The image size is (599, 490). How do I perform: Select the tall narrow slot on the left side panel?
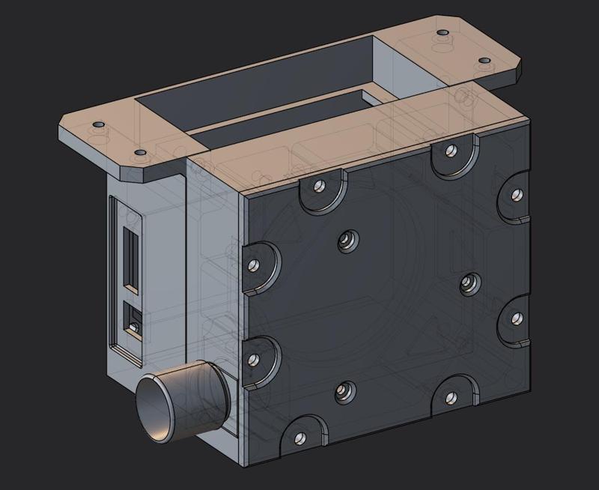point(130,259)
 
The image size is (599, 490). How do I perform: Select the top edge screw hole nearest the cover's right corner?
point(450,151)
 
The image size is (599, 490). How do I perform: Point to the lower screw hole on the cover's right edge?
point(516,318)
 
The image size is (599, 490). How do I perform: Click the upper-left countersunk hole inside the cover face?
point(345,239)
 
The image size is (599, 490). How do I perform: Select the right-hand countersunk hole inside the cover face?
point(468,282)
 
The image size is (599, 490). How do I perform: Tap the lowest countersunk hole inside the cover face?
point(344,390)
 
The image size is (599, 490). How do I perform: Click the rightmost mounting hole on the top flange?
point(484,60)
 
